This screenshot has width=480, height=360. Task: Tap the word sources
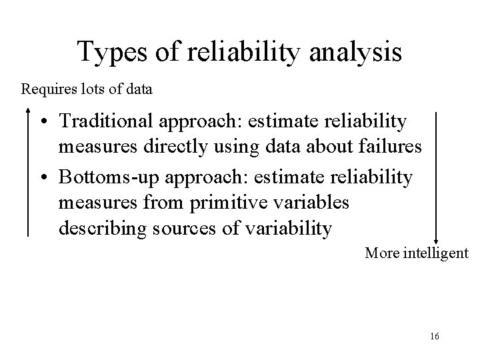pos(184,229)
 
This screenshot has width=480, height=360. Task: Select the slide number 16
pos(434,337)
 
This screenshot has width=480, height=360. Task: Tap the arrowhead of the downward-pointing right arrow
pos(435,241)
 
